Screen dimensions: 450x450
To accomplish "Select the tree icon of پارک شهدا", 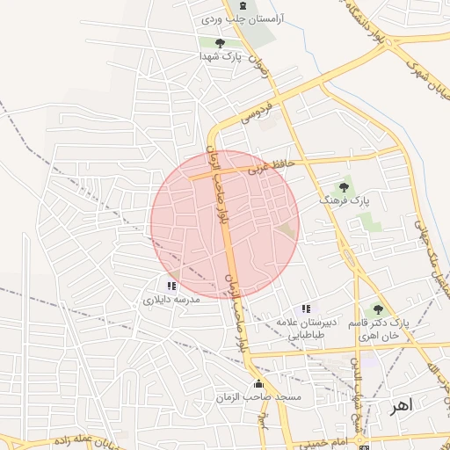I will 220,43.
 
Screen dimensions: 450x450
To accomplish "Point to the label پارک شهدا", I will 220,55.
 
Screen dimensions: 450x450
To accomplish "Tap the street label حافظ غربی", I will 268,164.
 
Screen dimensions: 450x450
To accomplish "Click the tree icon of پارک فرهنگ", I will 344,186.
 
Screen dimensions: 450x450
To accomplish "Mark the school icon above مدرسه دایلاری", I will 171,286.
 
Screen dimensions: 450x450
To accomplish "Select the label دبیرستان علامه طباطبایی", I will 303,328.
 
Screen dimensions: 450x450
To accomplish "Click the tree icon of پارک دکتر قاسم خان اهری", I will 378,309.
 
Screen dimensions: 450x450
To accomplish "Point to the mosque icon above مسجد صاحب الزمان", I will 258,385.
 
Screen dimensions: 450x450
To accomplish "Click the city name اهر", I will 400,406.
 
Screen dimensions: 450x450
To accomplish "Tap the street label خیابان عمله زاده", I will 83,439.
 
